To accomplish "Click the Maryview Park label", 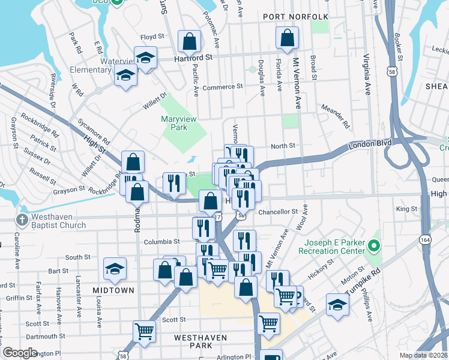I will coord(179,123).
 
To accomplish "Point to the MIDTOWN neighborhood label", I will coord(113,290).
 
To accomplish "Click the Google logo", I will coord(20,353).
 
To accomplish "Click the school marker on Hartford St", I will coord(145,58).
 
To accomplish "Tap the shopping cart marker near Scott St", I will coord(145,330).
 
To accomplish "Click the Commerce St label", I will coord(223,86).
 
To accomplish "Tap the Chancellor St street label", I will coord(278,211).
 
